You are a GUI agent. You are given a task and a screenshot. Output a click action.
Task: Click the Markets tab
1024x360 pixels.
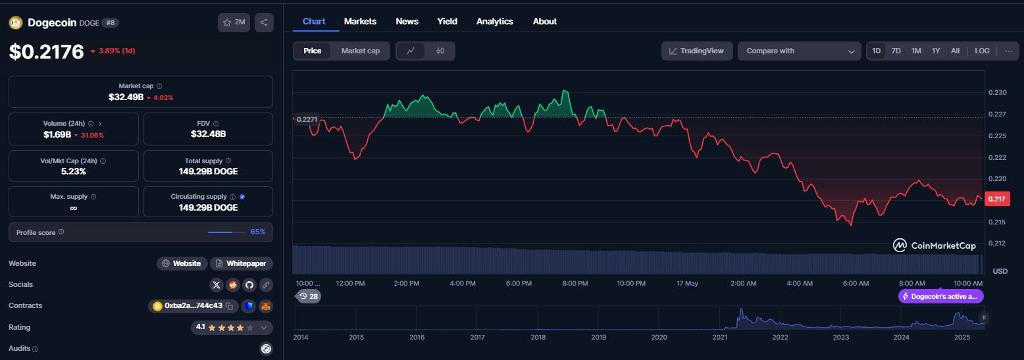pyautogui.click(x=360, y=22)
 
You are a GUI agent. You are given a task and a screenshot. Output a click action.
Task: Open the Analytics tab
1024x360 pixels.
pyautogui.click(x=495, y=22)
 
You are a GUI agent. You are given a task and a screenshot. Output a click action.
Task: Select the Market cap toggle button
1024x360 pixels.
pyautogui.click(x=360, y=51)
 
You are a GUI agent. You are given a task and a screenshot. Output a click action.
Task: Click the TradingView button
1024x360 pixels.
pyautogui.click(x=697, y=51)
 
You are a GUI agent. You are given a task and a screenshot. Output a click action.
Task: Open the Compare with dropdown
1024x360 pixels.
pyautogui.click(x=800, y=51)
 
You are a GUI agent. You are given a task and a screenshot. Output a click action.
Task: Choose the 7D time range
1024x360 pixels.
pyautogui.click(x=896, y=51)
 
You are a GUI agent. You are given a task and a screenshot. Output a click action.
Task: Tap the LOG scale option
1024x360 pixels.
pyautogui.click(x=982, y=51)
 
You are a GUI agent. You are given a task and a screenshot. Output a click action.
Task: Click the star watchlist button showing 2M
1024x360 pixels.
pyautogui.click(x=234, y=22)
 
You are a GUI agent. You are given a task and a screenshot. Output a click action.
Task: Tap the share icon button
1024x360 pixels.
pyautogui.click(x=265, y=22)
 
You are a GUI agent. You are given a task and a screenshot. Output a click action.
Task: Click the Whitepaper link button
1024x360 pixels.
pyautogui.click(x=242, y=263)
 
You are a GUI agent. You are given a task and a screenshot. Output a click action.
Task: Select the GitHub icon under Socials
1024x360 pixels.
pyautogui.click(x=249, y=285)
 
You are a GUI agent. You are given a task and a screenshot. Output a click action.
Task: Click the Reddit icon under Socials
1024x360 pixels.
pyautogui.click(x=233, y=285)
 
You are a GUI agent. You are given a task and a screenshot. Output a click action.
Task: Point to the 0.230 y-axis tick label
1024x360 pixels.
pyautogui.click(x=998, y=92)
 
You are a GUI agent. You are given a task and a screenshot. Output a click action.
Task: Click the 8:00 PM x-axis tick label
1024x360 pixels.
pyautogui.click(x=575, y=283)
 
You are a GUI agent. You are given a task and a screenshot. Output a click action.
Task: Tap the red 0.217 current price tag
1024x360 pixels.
pyautogui.click(x=996, y=199)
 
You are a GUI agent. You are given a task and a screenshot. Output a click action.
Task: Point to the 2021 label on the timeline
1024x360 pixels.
pyautogui.click(x=719, y=337)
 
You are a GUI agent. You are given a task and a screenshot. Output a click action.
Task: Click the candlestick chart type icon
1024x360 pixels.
pyautogui.click(x=440, y=51)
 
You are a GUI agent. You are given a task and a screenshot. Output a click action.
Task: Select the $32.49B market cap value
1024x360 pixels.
pyautogui.click(x=126, y=97)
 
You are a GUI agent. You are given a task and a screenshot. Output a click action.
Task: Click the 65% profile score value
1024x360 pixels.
pyautogui.click(x=258, y=232)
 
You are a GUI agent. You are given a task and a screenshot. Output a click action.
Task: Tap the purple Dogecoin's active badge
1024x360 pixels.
pyautogui.click(x=941, y=296)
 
